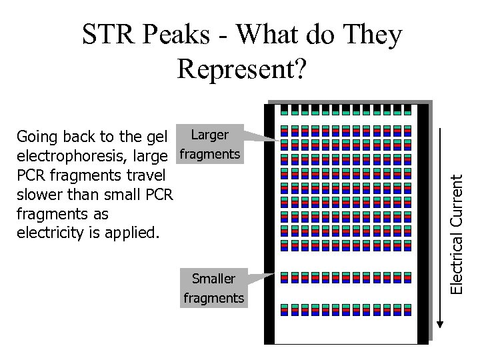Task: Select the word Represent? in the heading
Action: pos(243,67)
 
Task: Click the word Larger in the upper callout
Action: pos(209,135)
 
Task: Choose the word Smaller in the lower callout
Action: pos(213,279)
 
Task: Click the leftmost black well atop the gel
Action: pos(285,110)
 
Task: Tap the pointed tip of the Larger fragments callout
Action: pos(279,141)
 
